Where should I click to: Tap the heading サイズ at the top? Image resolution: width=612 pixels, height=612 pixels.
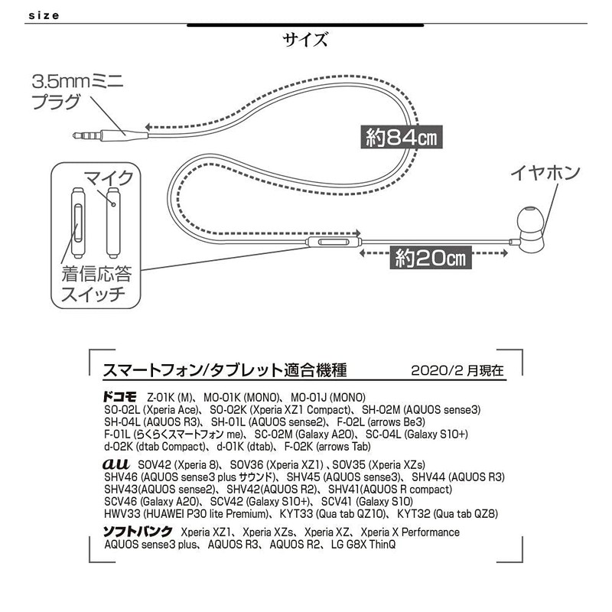(x=305, y=39)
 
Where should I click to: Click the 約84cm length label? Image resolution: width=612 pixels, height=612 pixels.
(x=396, y=138)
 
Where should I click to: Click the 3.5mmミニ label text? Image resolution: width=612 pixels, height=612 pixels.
(x=80, y=80)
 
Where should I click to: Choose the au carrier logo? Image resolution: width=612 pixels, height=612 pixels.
(x=116, y=464)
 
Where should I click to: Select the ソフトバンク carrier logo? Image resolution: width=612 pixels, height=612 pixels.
(x=138, y=532)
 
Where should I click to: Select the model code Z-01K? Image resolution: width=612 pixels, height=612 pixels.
(x=161, y=398)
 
